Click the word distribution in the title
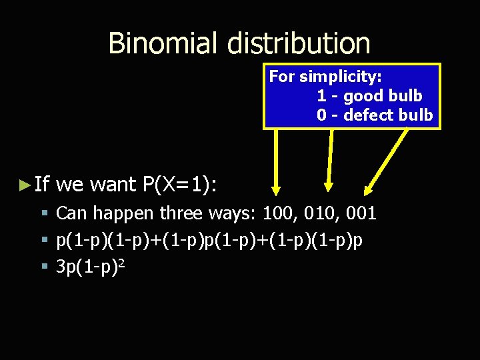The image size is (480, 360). point(298,43)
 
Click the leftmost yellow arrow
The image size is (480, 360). point(277,160)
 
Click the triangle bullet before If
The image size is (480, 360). point(25,183)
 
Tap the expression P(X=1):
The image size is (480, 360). point(179,184)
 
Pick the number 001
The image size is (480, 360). point(361,213)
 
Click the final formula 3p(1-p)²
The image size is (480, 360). point(91,267)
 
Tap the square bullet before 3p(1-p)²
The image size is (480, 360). point(44,267)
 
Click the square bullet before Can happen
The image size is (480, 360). point(44,214)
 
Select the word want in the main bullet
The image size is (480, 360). point(114,184)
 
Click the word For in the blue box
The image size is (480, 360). point(282,76)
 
